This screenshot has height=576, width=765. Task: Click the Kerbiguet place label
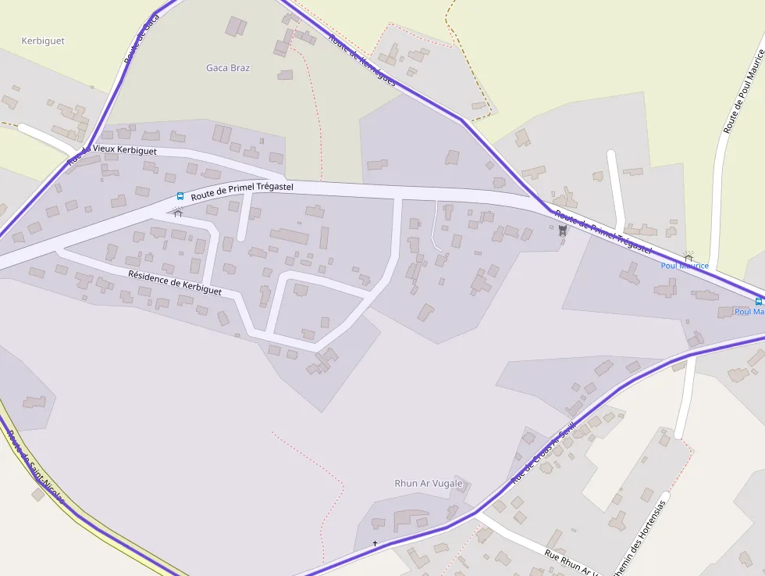(43, 41)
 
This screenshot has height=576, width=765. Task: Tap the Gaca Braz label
(228, 68)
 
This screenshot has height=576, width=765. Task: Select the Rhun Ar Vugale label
(429, 483)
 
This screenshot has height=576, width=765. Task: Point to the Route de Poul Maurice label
(743, 91)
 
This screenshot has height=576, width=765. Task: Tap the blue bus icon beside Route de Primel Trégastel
(180, 196)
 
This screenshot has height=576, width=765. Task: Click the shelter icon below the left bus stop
(178, 213)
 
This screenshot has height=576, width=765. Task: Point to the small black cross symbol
(375, 543)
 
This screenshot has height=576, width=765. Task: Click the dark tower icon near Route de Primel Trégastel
(561, 230)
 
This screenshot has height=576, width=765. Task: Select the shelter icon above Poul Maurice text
(688, 256)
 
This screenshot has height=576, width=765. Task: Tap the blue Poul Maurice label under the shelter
(685, 266)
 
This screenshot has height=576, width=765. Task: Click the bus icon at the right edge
(759, 300)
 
